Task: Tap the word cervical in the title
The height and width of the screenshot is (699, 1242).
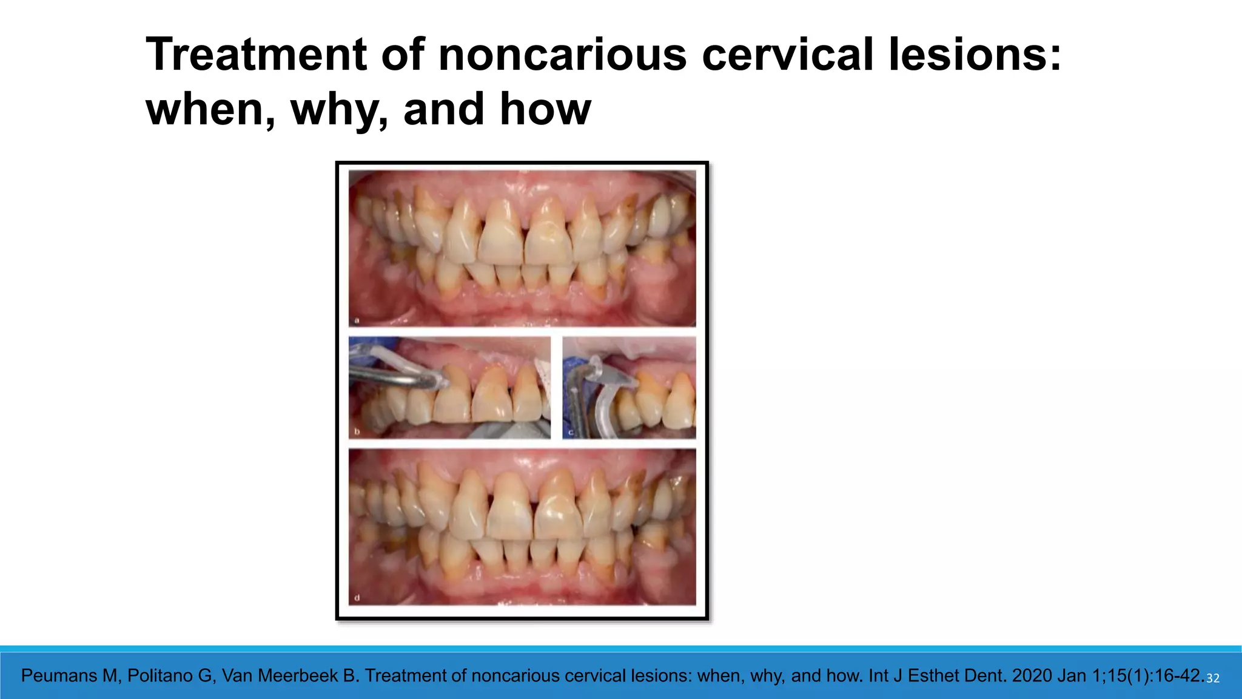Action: tap(788, 55)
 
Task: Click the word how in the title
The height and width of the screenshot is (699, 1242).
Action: tap(545, 110)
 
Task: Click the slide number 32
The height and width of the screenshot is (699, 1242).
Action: tap(1212, 678)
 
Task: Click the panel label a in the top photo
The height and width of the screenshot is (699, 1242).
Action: tap(357, 320)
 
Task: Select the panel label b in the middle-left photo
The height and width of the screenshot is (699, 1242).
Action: tap(357, 431)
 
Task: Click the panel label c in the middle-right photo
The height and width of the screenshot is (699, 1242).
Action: tap(571, 433)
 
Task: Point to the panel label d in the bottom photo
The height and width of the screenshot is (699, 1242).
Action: tap(357, 598)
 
